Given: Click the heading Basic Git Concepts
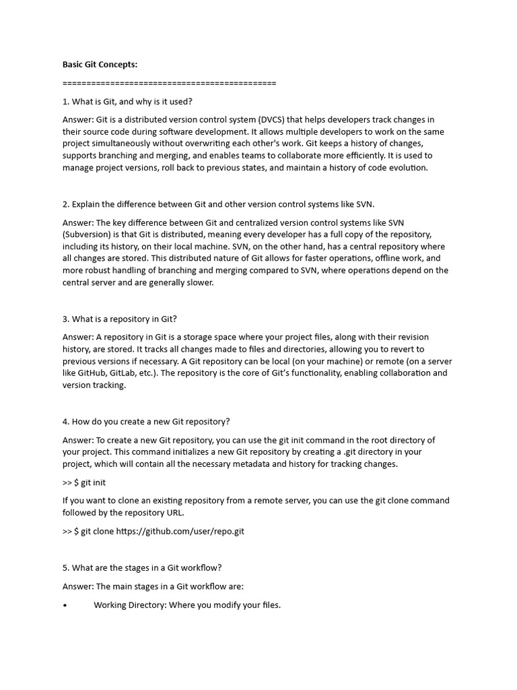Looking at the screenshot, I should (100, 65).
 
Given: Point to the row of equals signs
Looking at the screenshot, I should (169, 83).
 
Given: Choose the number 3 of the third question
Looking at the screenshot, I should (65, 319).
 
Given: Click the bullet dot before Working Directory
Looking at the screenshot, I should (65, 605).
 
